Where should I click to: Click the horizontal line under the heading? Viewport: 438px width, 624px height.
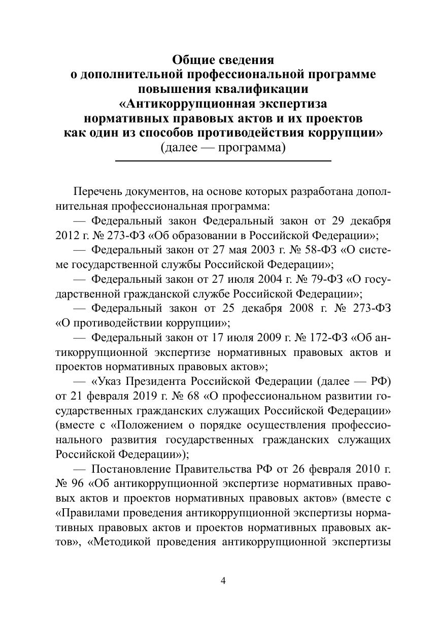point(223,161)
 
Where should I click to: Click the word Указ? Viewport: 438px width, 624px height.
point(109,381)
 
